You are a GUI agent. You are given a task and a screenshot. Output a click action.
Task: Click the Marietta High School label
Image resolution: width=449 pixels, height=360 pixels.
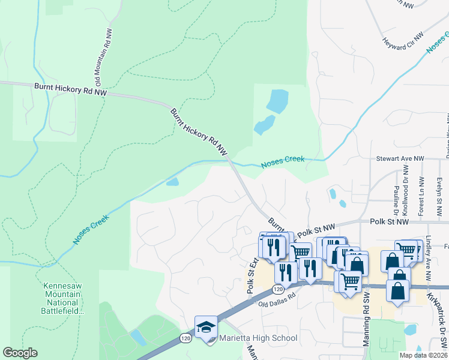tap(259, 338)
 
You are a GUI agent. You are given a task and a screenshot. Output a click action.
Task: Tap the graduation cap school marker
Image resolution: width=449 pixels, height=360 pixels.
tap(206, 327)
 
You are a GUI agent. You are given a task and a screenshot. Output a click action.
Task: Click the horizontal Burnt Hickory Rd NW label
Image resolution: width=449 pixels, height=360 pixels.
tap(70, 90)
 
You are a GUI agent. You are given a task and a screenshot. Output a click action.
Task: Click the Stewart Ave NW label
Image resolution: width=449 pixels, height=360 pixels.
tap(400, 159)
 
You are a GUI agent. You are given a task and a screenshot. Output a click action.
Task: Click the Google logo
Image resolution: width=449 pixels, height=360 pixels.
tap(20, 353)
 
